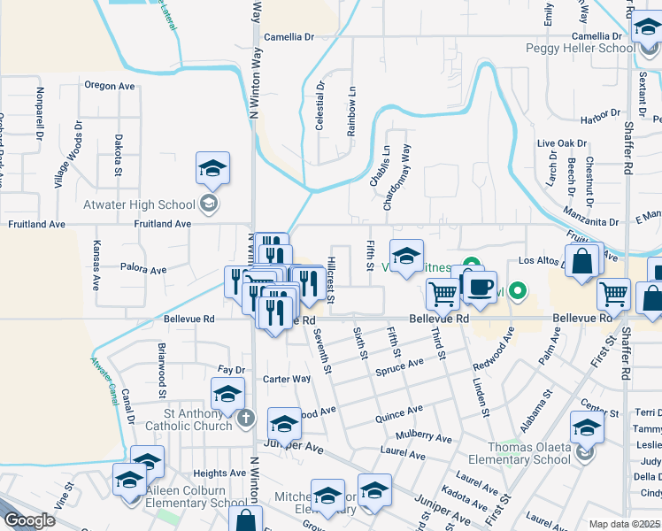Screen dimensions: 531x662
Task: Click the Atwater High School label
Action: [138, 205]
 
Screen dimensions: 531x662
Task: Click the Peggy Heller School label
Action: [579, 49]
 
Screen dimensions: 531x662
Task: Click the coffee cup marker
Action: [480, 289]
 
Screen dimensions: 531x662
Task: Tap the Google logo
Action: [28, 520]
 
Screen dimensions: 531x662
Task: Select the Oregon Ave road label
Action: [109, 86]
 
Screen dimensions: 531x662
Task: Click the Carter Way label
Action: [287, 379]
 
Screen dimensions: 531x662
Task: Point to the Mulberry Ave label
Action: [424, 436]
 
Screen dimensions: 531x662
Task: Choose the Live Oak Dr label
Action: [562, 142]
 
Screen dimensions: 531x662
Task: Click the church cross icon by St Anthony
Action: [246, 416]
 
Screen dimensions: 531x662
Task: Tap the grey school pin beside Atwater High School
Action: [208, 205]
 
